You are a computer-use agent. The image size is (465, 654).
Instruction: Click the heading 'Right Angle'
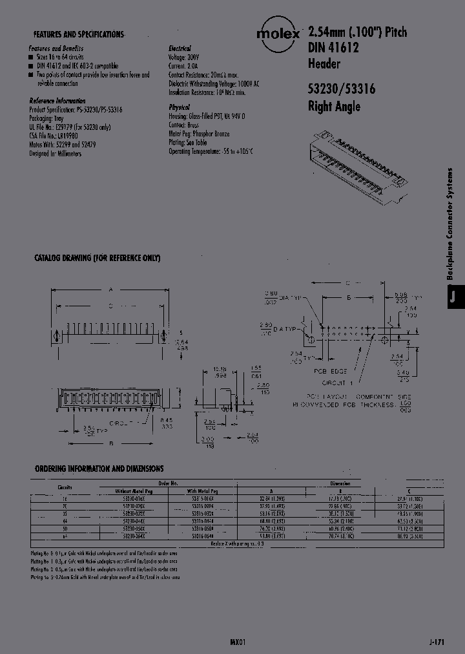[334, 107]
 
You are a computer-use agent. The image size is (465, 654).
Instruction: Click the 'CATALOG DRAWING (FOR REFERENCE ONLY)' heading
[97, 258]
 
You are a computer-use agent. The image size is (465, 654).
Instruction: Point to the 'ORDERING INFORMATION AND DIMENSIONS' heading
[99, 469]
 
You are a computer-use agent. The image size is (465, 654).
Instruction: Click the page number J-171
[437, 642]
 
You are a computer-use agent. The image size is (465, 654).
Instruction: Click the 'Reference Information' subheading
[57, 101]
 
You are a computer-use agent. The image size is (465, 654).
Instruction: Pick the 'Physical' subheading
[179, 107]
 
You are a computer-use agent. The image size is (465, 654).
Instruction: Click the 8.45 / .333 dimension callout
[167, 424]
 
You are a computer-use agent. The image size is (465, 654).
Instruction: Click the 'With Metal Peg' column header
[209, 491]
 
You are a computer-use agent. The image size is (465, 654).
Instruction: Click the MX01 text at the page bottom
[238, 642]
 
